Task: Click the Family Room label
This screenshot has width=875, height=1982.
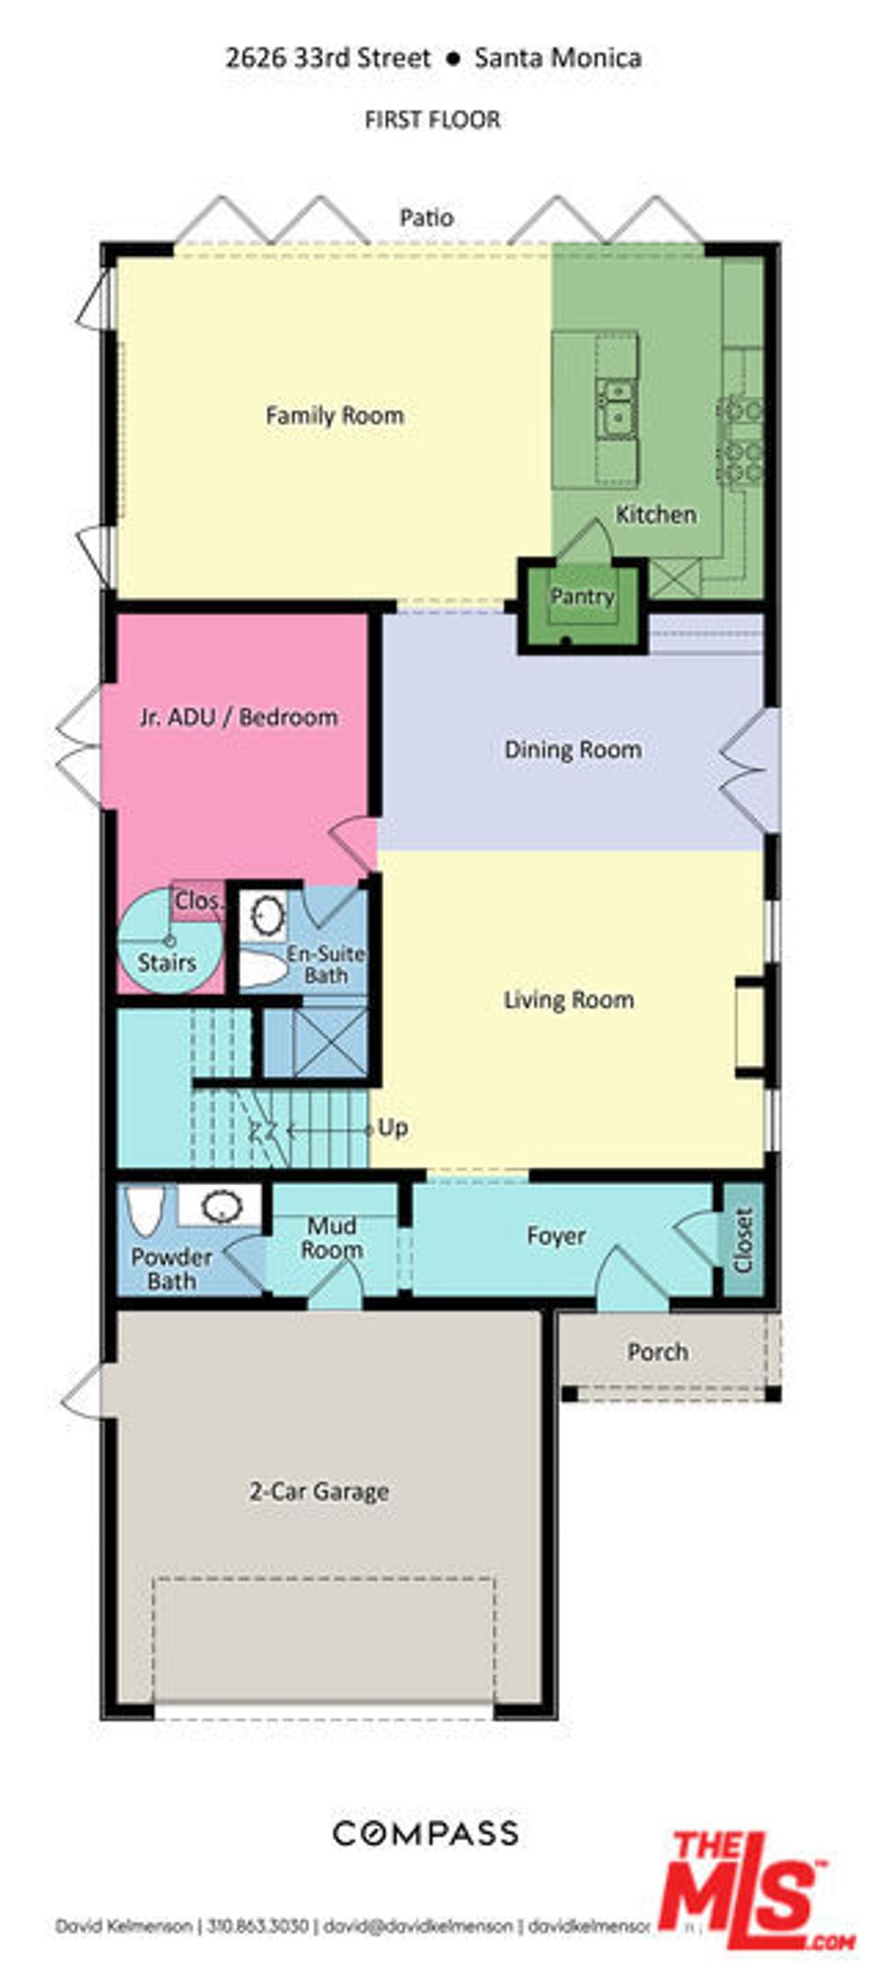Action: (334, 416)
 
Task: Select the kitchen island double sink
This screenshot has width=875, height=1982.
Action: (615, 409)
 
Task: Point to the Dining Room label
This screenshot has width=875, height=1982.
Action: (573, 750)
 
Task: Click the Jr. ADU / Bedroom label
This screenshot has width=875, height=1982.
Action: (238, 717)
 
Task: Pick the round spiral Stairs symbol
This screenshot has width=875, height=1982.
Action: (169, 941)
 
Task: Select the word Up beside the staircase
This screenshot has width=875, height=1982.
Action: (392, 1128)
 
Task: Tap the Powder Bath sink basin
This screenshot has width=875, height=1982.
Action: (220, 1206)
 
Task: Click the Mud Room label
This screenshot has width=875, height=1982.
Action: (332, 1237)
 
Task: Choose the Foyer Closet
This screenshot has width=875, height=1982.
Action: (743, 1239)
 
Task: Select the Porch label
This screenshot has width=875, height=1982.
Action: (657, 1352)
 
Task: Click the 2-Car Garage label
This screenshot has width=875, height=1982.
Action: (319, 1492)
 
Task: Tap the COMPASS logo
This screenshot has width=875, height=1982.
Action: (425, 1833)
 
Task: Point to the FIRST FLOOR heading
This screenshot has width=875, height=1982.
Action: (432, 120)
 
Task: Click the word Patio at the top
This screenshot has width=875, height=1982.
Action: (426, 218)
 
